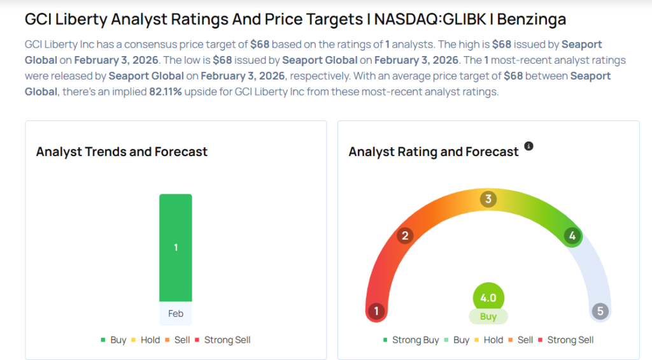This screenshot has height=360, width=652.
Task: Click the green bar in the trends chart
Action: tap(175, 247)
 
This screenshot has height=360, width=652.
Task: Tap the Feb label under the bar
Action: tap(176, 313)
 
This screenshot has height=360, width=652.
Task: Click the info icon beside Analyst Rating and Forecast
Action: tap(528, 147)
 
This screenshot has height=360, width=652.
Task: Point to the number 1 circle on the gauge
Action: tap(376, 312)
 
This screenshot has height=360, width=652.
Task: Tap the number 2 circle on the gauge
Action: tap(404, 236)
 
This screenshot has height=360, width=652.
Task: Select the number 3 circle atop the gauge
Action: tap(488, 199)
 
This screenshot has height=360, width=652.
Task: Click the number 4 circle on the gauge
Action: tap(572, 236)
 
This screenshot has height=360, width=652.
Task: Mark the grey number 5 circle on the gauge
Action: tap(600, 312)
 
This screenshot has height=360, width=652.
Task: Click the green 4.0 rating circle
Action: tap(488, 298)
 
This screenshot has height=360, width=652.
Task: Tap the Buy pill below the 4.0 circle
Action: tap(488, 317)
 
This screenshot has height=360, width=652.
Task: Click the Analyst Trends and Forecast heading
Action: tap(122, 152)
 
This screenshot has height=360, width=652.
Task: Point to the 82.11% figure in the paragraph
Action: tap(166, 91)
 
